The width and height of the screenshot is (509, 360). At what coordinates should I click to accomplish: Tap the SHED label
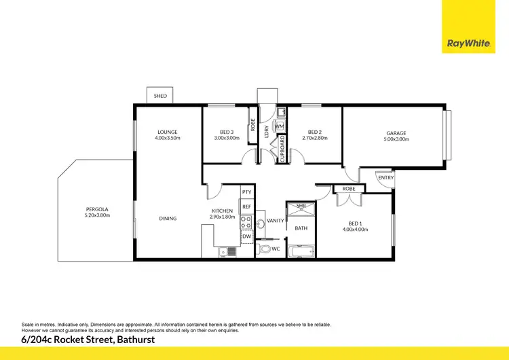click(x=160, y=96)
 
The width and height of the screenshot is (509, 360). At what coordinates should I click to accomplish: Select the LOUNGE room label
click(x=168, y=132)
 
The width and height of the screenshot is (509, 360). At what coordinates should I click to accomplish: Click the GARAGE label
click(x=397, y=133)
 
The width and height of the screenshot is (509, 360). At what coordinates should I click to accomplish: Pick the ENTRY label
click(x=385, y=177)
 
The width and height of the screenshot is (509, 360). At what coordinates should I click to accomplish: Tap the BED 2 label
click(x=314, y=132)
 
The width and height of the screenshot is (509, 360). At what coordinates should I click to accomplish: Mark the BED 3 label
click(x=227, y=132)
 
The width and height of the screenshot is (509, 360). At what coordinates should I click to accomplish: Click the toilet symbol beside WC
click(x=265, y=250)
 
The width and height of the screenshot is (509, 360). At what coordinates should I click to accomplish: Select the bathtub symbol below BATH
click(x=301, y=251)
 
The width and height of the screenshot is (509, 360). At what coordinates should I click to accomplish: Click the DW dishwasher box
click(x=246, y=236)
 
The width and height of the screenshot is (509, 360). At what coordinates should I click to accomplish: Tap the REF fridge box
click(x=246, y=206)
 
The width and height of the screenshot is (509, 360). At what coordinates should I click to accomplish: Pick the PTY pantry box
click(x=246, y=192)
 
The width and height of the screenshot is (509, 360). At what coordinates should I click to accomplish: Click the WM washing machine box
click(x=279, y=126)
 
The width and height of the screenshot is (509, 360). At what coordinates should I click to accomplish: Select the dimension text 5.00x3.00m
click(x=397, y=139)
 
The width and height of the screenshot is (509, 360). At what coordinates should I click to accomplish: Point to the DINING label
click(x=168, y=219)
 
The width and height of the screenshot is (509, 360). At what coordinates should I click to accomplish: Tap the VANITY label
click(x=276, y=221)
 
